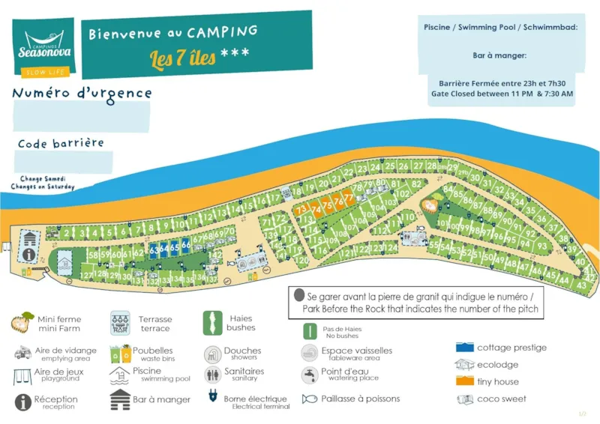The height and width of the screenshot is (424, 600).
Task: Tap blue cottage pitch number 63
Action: tap(154, 249)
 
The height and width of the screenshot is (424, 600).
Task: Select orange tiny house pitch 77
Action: tap(348, 199)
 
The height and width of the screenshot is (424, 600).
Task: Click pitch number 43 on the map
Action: tap(581, 285)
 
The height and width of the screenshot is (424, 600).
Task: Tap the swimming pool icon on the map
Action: tap(65, 263)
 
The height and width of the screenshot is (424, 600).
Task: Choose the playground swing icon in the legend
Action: tap(22, 375)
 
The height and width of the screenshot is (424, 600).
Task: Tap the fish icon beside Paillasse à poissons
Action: tap(310, 399)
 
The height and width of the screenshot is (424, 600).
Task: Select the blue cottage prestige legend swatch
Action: tap(464, 348)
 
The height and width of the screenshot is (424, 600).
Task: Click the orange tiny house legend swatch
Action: tap(464, 382)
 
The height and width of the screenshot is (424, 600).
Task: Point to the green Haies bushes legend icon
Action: tap(212, 323)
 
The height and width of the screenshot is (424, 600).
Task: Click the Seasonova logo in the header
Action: tap(43, 46)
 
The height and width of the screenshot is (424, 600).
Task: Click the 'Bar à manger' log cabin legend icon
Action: tap(119, 400)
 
